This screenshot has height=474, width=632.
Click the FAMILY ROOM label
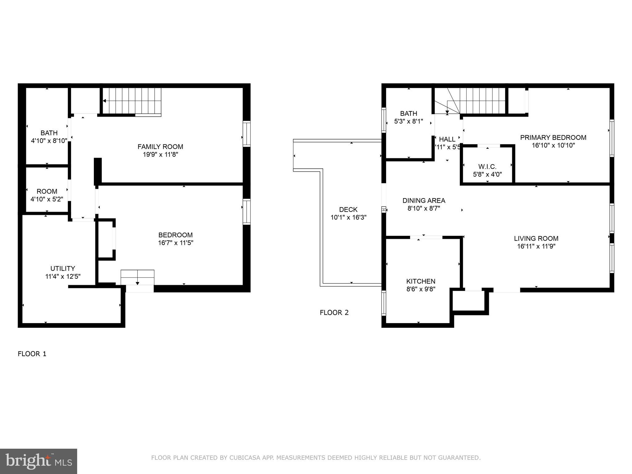tap(160, 147)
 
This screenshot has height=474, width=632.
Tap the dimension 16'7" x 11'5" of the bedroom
tap(176, 243)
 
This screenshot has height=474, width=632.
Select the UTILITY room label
tap(63, 268)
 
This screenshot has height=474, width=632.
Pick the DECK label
tap(348, 210)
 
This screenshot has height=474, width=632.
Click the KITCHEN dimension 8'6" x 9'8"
tap(421, 289)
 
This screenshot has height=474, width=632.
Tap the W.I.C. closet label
tap(487, 167)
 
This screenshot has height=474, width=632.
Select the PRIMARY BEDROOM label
tap(553, 138)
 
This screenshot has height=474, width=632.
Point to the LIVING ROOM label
tap(536, 239)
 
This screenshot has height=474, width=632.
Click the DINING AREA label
tap(424, 201)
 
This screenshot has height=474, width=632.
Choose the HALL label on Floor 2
tap(447, 139)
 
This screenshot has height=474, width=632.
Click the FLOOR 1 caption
tap(32, 354)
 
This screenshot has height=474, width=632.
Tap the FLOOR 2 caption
tap(334, 313)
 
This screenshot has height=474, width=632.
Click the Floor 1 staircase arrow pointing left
tap(105, 101)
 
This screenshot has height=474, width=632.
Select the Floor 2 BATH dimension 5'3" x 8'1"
tap(409, 122)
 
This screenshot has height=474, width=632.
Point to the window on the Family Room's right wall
tap(246, 134)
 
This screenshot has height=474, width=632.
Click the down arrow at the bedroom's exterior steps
tap(137, 283)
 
